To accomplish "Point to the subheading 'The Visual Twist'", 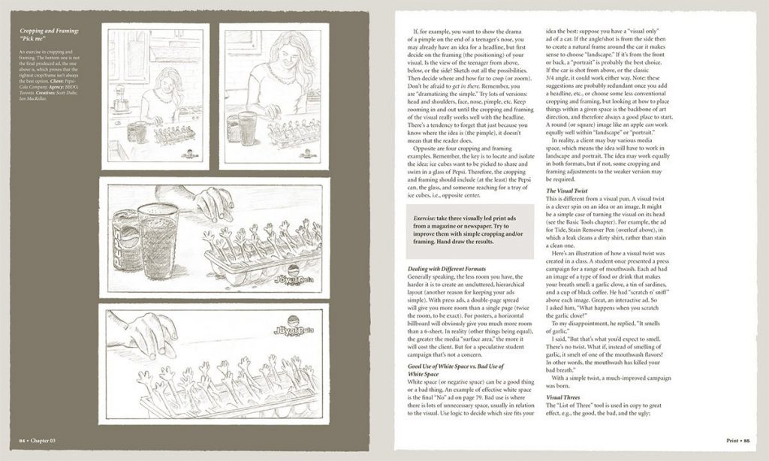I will coord(567,191).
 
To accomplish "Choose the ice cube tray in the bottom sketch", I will coord(225,390).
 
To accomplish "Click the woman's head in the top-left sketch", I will coord(169,81).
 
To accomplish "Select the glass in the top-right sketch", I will coord(247,128).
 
